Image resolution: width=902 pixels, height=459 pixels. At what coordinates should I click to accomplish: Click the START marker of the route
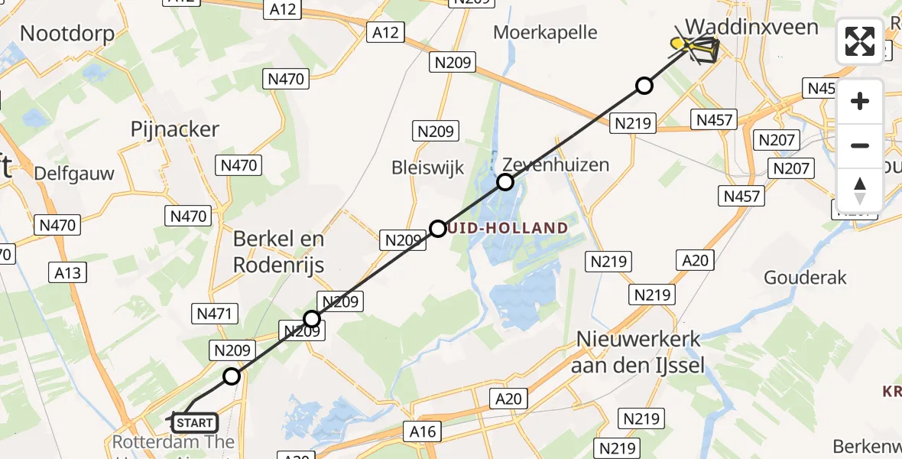click(195, 422)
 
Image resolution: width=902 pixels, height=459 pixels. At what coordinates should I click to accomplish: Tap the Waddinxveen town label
click(751, 27)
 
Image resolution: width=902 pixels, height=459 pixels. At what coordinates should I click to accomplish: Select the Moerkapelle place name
click(545, 32)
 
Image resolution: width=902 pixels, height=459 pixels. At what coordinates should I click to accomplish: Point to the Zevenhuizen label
click(556, 164)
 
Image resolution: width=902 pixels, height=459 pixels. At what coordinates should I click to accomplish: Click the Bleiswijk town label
click(427, 168)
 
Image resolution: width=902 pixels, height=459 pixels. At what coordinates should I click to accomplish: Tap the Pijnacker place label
click(175, 129)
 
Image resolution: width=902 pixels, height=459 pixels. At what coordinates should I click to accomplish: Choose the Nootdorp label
click(67, 33)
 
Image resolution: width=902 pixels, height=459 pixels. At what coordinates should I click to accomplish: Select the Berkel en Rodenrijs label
click(279, 252)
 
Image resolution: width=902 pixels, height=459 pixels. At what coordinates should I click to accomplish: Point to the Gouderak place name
click(806, 277)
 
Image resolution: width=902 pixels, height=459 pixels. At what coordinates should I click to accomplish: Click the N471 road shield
click(218, 314)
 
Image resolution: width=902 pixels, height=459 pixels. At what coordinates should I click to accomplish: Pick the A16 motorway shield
click(423, 431)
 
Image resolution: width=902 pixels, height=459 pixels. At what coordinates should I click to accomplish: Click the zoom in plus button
click(860, 101)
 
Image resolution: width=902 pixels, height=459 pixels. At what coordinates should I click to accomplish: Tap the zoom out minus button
click(860, 145)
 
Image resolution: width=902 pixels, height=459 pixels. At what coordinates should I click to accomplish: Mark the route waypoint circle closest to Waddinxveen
click(644, 86)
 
